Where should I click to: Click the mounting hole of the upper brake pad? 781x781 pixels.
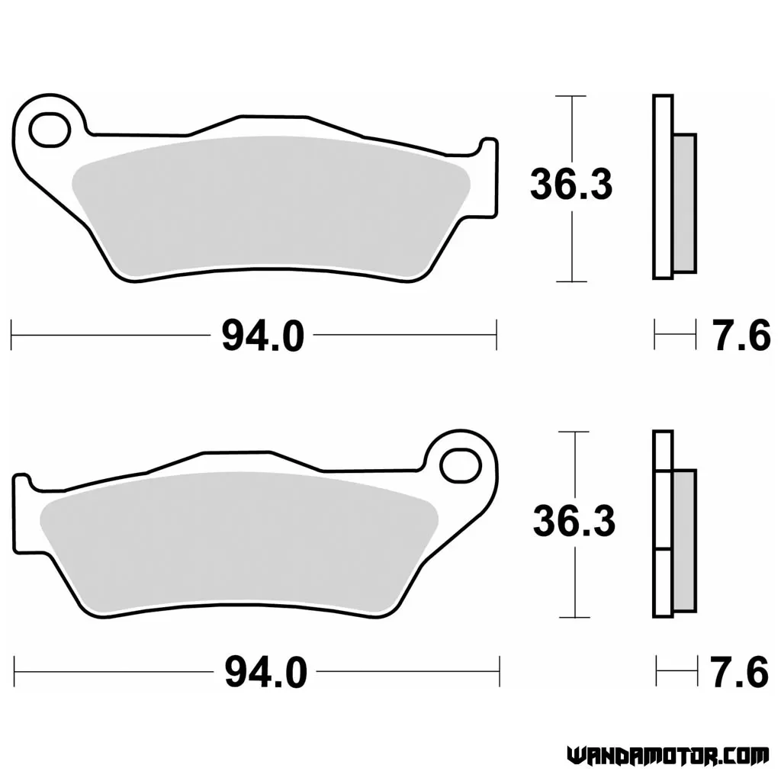(50, 130)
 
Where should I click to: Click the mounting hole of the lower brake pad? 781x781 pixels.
(461, 466)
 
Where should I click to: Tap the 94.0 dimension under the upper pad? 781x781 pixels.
(262, 336)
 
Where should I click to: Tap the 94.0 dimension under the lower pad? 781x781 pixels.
(265, 673)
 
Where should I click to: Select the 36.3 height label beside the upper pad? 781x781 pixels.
(571, 185)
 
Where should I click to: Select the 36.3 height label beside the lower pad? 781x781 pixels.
(574, 522)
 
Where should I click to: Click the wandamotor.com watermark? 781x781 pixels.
(667, 756)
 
